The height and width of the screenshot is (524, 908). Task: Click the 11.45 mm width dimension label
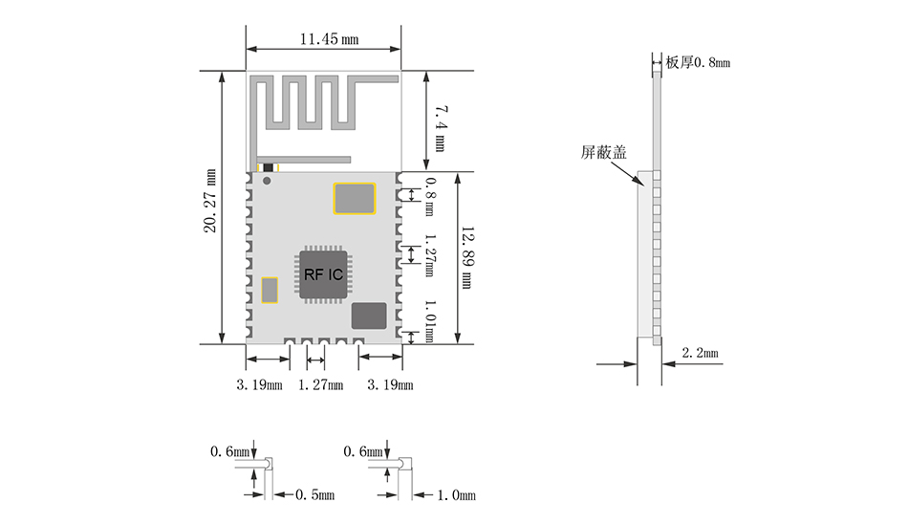[329, 39]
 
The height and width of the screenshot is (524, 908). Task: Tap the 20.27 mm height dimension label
[209, 201]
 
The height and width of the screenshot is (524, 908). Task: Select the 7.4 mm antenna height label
[440, 128]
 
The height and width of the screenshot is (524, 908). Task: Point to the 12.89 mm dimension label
[467, 257]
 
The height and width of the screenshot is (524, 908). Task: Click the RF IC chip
[323, 274]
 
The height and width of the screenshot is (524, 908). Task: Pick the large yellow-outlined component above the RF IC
[355, 198]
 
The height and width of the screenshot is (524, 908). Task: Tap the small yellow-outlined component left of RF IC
[270, 290]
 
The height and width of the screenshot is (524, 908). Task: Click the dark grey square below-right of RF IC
[369, 316]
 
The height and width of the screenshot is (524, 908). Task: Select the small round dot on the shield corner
[267, 181]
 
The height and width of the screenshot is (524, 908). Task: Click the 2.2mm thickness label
[700, 353]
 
